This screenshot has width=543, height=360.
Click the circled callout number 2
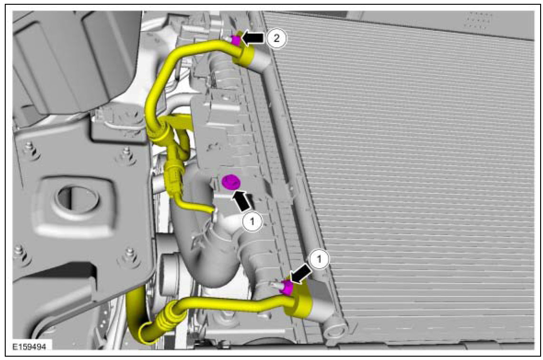(276, 38)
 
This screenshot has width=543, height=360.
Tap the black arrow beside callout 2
(253, 38)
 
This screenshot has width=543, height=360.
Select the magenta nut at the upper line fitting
(236, 40)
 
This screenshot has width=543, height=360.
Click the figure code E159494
(29, 347)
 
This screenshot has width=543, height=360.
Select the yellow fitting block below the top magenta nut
(243, 55)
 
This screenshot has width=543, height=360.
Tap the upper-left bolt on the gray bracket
(29, 149)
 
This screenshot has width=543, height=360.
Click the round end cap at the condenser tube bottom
(335, 327)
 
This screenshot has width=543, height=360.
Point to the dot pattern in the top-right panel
(478, 20)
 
